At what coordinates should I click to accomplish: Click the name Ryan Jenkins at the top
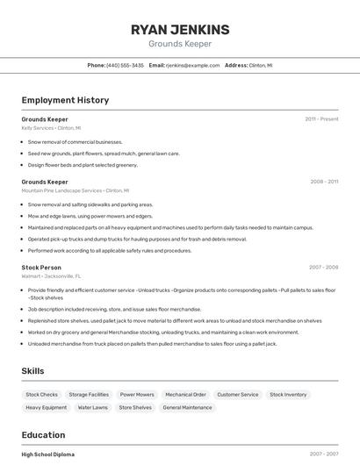click(x=179, y=29)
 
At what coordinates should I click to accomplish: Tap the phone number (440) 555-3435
click(x=125, y=65)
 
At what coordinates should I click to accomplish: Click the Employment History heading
click(x=65, y=100)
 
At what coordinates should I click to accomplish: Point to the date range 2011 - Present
click(x=321, y=118)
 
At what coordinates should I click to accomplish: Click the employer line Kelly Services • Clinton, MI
click(x=51, y=128)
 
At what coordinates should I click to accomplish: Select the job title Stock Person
click(x=41, y=267)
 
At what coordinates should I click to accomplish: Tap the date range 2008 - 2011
click(x=324, y=182)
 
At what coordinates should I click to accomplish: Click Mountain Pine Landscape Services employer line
click(x=75, y=190)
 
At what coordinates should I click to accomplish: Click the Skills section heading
click(x=32, y=371)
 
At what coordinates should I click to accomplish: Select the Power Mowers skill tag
click(x=137, y=395)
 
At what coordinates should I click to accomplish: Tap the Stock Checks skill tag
click(x=42, y=395)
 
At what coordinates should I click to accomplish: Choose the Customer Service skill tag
click(x=237, y=395)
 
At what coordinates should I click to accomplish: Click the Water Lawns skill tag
click(x=92, y=407)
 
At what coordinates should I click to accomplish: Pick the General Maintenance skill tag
click(x=187, y=407)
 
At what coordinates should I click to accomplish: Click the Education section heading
click(x=43, y=435)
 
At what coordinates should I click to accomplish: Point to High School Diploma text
click(x=47, y=454)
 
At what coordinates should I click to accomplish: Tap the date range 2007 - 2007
click(x=324, y=454)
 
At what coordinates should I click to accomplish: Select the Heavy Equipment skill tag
click(x=46, y=407)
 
